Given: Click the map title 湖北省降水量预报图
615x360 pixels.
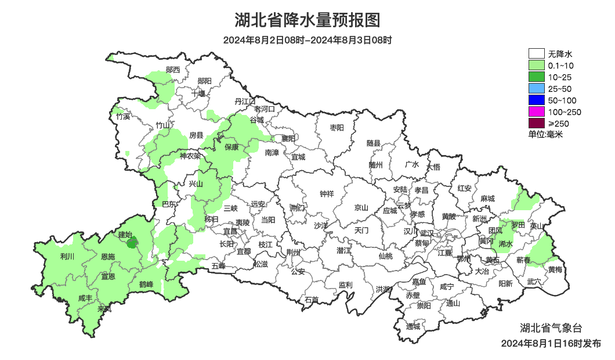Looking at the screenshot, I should click(x=307, y=21).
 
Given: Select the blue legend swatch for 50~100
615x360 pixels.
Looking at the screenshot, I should click(x=536, y=100).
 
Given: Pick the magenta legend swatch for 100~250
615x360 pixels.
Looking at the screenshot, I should click(x=536, y=112).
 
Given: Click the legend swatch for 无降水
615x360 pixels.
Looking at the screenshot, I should click(x=536, y=54).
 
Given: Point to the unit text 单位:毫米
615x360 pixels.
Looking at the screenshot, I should click(x=545, y=134).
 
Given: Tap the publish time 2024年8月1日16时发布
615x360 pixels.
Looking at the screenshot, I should click(x=551, y=344).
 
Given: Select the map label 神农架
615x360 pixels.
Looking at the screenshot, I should click(x=190, y=156).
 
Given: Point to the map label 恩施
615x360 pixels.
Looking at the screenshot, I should click(x=108, y=257).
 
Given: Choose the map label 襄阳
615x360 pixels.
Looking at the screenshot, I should click(x=288, y=138).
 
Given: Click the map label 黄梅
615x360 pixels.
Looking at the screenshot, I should click(x=555, y=269).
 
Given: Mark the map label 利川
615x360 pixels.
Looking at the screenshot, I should click(x=67, y=256).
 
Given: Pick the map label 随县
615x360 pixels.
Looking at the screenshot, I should click(x=374, y=143).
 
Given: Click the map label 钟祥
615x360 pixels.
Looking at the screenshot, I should click(x=327, y=194).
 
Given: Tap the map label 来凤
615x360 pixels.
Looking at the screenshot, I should click(x=104, y=309).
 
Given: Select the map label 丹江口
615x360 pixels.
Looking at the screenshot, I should click(x=245, y=102).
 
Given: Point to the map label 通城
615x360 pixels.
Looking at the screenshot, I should click(x=413, y=326).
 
